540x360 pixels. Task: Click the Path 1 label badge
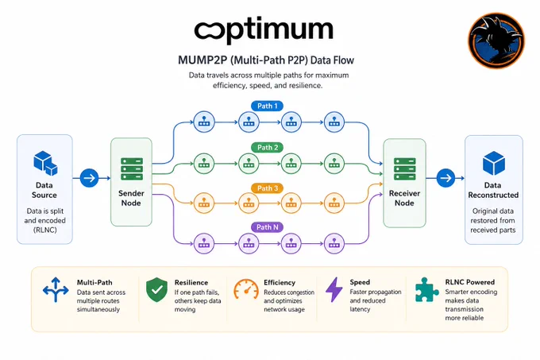pyautogui.click(x=268, y=106)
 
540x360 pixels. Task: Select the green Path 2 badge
pyautogui.click(x=268, y=148)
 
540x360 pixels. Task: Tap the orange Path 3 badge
pyautogui.click(x=268, y=188)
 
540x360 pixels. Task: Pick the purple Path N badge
pyautogui.click(x=268, y=227)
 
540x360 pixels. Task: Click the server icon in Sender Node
pyautogui.click(x=132, y=168)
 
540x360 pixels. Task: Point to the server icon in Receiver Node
pyautogui.click(x=405, y=168)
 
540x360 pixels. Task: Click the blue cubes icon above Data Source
pyautogui.click(x=45, y=163)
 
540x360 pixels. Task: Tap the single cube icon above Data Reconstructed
pyautogui.click(x=494, y=163)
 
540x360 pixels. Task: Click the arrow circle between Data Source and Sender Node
pyautogui.click(x=89, y=178)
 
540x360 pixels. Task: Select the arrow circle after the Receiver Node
pyautogui.click(x=445, y=178)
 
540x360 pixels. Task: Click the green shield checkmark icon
pyautogui.click(x=156, y=290)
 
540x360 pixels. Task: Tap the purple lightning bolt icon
pyautogui.click(x=334, y=290)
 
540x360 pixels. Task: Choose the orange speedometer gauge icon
pyautogui.click(x=246, y=289)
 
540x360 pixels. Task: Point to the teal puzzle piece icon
pyautogui.click(x=426, y=290)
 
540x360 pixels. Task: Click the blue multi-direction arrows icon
pyautogui.click(x=56, y=290)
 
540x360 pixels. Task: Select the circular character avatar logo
pyautogui.click(x=496, y=41)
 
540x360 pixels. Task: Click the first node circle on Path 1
pyautogui.click(x=204, y=122)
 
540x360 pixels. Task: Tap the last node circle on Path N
pyautogui.click(x=334, y=243)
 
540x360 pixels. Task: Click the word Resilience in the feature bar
pyautogui.click(x=191, y=282)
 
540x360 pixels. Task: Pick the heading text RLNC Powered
pyautogui.click(x=470, y=282)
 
